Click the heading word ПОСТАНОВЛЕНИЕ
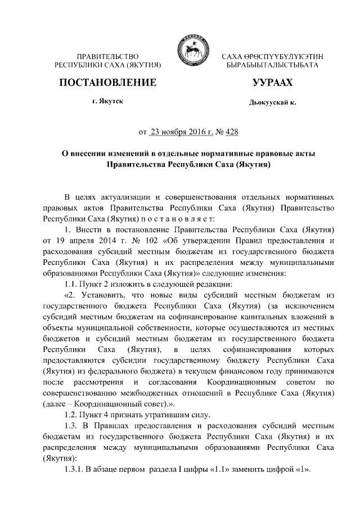pos(107,83)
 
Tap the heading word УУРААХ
pos(273,83)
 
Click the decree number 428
pos(231,133)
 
